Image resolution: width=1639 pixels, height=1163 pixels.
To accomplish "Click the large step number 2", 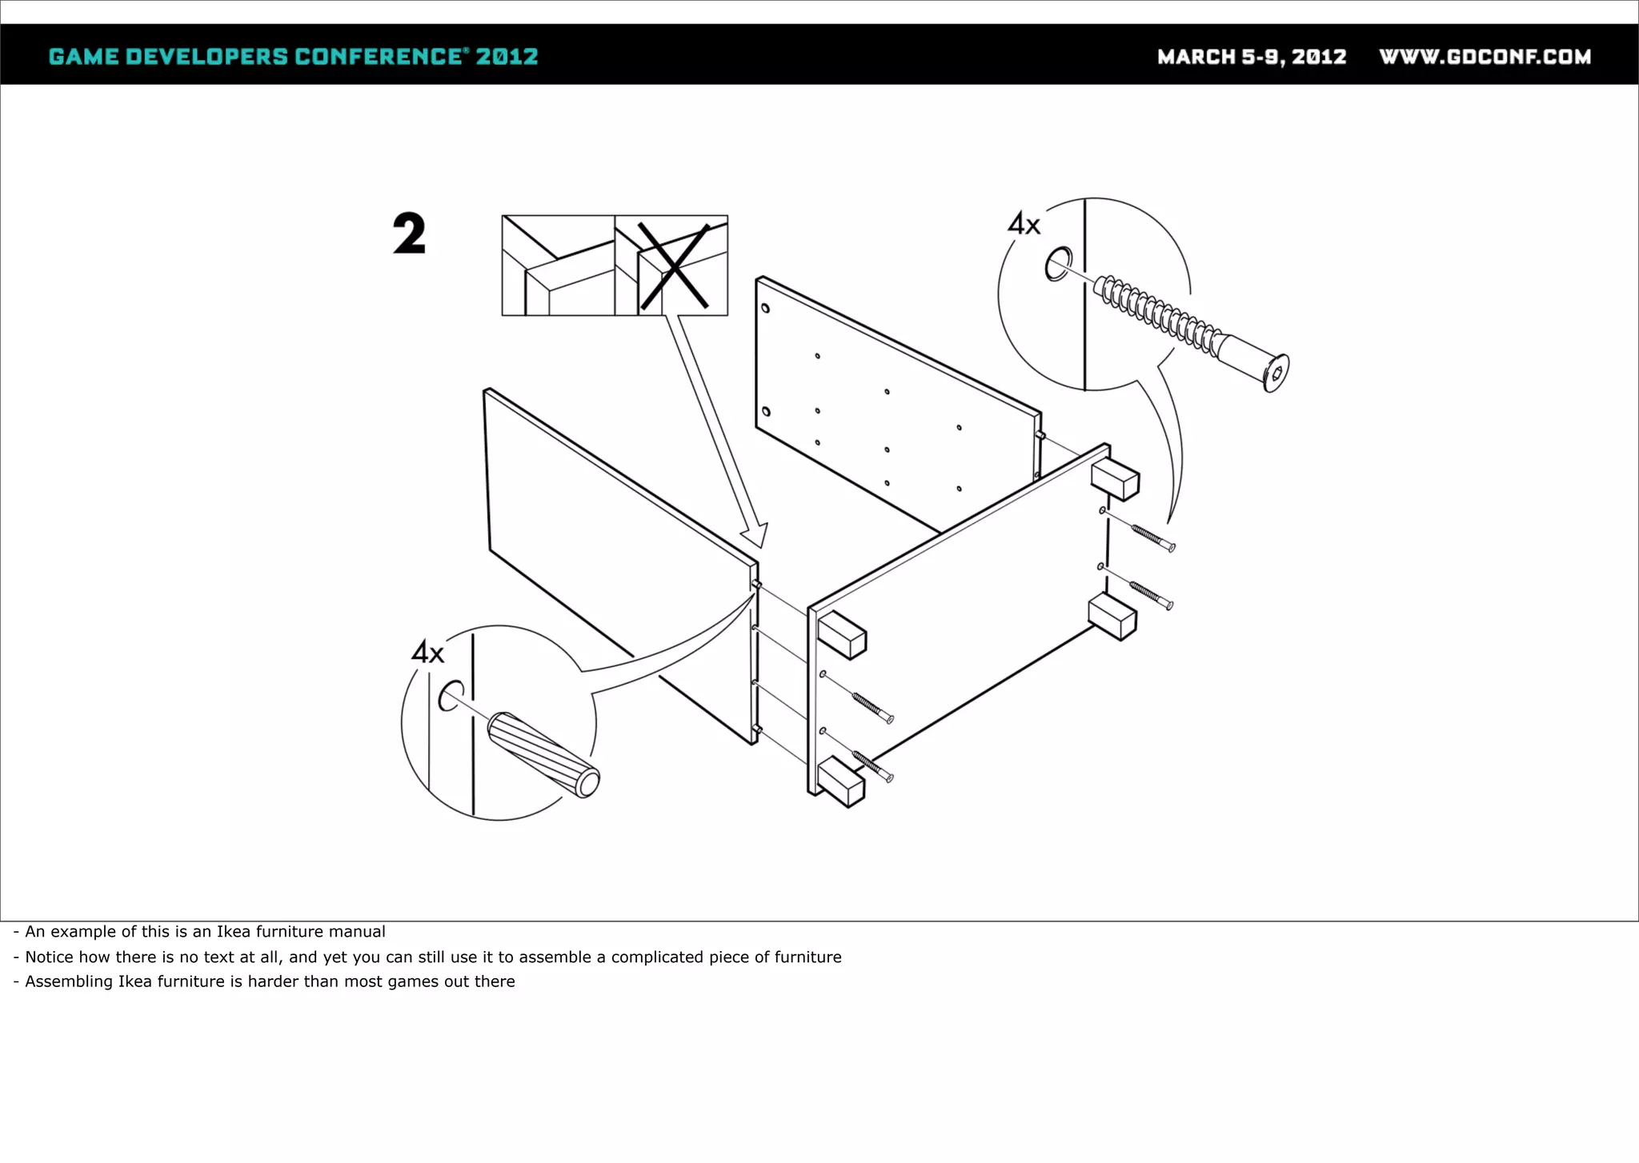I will click(x=409, y=234).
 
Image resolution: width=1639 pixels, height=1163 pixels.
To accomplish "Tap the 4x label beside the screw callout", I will click(x=1024, y=223).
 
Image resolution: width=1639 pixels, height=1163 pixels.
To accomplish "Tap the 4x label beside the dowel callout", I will click(x=427, y=652).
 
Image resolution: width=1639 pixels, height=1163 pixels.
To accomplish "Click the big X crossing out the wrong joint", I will click(x=674, y=266).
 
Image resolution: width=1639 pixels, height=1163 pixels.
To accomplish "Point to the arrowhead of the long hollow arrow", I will click(x=755, y=538).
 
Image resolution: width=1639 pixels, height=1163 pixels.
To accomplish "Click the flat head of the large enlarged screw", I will click(x=1276, y=373).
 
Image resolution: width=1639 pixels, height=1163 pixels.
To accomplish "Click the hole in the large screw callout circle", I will click(x=1058, y=264).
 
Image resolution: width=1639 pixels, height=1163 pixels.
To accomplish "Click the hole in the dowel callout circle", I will click(x=451, y=696).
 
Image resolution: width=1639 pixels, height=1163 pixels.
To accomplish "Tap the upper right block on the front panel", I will click(x=1115, y=479).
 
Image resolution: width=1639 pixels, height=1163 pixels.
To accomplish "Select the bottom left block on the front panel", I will click(x=841, y=782).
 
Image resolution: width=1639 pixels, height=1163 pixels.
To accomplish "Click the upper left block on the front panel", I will click(x=842, y=635).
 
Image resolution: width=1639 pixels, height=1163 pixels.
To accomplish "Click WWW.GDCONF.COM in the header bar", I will click(x=1485, y=57).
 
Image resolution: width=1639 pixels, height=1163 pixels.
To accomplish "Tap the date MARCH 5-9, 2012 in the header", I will click(x=1252, y=57).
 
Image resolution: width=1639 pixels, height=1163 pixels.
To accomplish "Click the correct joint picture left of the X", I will click(x=558, y=266).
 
